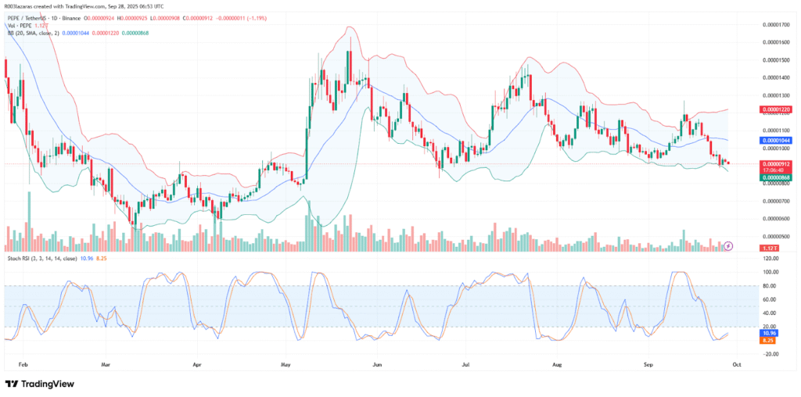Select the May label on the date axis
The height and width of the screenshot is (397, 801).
286,364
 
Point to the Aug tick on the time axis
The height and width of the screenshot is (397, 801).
556,364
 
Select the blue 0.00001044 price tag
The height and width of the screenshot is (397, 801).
778,139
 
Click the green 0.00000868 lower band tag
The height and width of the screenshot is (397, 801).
778,178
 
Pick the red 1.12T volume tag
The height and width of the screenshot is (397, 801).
774,248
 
